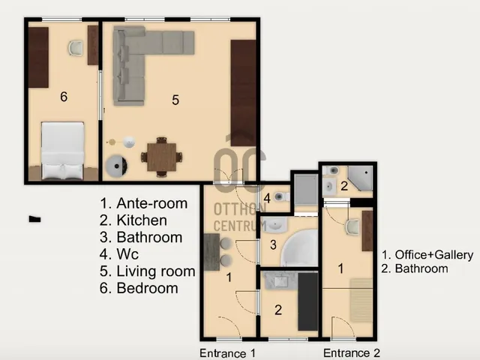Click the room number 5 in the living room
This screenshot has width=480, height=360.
click(x=175, y=100)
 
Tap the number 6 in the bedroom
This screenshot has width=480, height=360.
click(x=64, y=97)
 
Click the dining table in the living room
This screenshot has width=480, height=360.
click(x=162, y=157)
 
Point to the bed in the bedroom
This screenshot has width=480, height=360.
click(x=63, y=151)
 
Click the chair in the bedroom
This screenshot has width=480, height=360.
click(x=76, y=48)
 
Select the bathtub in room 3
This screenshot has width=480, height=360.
click(x=299, y=248)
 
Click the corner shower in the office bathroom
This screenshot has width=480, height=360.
click(x=361, y=178)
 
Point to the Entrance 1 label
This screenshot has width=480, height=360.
click(x=227, y=353)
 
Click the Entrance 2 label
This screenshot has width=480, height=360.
click(x=352, y=353)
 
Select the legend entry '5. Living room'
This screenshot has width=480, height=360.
click(x=147, y=271)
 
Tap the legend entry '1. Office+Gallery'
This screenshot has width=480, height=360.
click(x=427, y=255)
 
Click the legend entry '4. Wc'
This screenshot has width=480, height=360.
click(x=119, y=254)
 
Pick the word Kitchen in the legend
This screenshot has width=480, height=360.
click(x=142, y=220)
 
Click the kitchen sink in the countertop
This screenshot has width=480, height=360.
click(x=280, y=281)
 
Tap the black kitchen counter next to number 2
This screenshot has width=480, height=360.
click(x=308, y=301)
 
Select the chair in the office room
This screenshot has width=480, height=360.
click(x=352, y=226)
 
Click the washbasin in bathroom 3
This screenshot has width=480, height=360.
click(x=276, y=224)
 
